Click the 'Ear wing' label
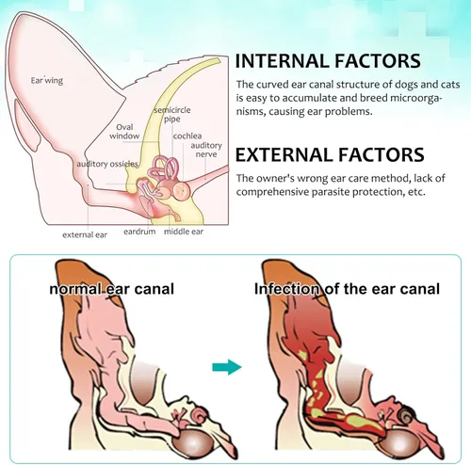click(47, 81)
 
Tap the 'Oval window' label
click(124, 132)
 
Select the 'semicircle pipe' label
click(172, 115)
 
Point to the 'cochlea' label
click(187, 136)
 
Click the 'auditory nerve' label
click(206, 150)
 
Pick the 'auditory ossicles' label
click(107, 164)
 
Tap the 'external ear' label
click(85, 234)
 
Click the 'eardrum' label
click(139, 232)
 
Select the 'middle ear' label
click(184, 232)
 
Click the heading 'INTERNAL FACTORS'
click(328, 61)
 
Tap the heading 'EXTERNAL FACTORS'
click(330, 154)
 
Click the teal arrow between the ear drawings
click(227, 367)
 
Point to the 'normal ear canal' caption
click(112, 289)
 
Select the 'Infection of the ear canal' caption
click(347, 289)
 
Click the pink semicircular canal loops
click(164, 168)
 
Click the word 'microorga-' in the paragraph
click(416, 98)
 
